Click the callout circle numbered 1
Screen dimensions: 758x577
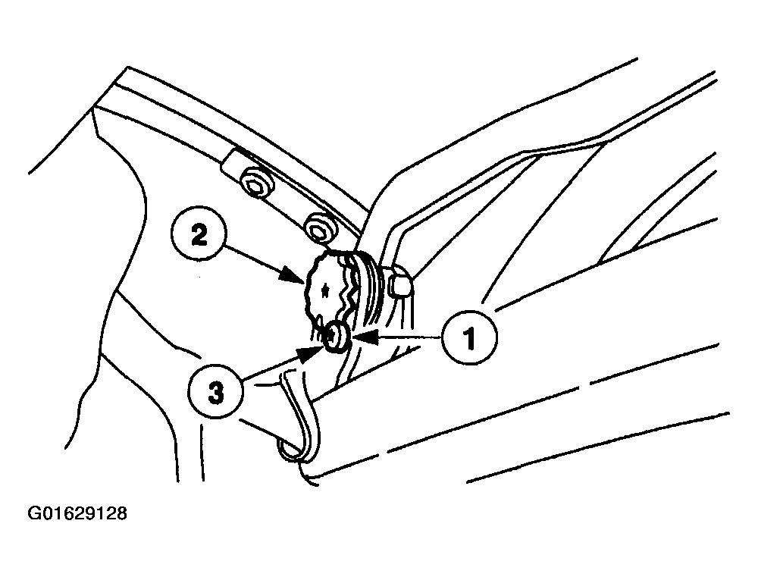pyautogui.click(x=468, y=337)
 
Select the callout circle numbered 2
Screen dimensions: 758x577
pyautogui.click(x=199, y=236)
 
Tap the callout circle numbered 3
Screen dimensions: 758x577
pyautogui.click(x=216, y=392)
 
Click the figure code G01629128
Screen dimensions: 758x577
pyautogui.click(x=77, y=513)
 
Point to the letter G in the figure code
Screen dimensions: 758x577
pyautogui.click(x=34, y=513)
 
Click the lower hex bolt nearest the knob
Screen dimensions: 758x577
pyautogui.click(x=320, y=227)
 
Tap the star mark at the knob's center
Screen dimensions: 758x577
pyautogui.click(x=324, y=290)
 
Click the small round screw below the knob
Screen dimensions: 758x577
pyautogui.click(x=336, y=336)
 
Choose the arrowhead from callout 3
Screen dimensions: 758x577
pyautogui.click(x=310, y=355)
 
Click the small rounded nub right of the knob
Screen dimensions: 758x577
pyautogui.click(x=401, y=285)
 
